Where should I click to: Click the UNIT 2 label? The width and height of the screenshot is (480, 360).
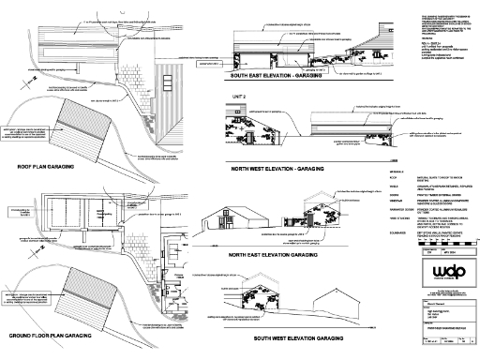pyautogui.click(x=227, y=96)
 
